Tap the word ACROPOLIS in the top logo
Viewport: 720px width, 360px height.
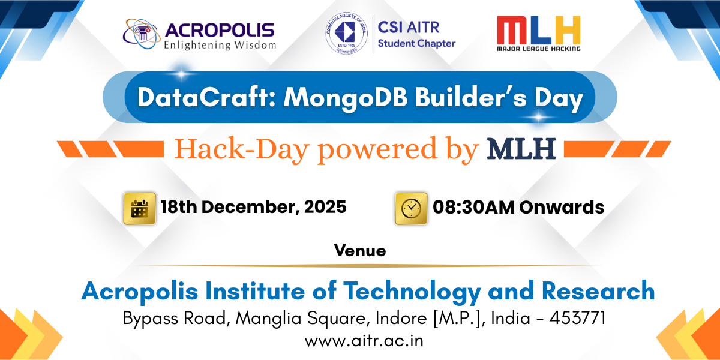tap(219, 29)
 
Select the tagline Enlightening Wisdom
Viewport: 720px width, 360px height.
tap(220, 44)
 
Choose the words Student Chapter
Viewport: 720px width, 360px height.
tap(416, 43)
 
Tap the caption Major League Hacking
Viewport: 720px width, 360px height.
tap(538, 48)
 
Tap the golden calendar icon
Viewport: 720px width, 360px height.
tap(139, 208)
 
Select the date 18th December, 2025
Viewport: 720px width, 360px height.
tap(253, 208)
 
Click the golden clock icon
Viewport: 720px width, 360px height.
tap(411, 208)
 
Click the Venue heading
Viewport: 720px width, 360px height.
tap(360, 250)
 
